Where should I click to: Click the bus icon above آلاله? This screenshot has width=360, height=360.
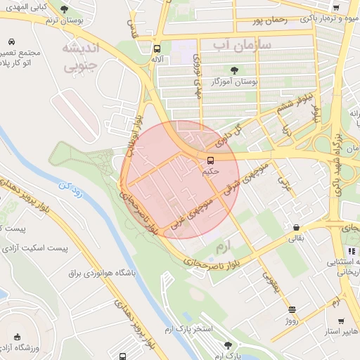(x=156, y=49)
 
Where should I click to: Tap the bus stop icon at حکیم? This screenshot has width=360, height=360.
(x=210, y=160)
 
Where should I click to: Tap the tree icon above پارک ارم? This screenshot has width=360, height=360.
(x=227, y=345)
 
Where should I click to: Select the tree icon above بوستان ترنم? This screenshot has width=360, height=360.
(x=65, y=9)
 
